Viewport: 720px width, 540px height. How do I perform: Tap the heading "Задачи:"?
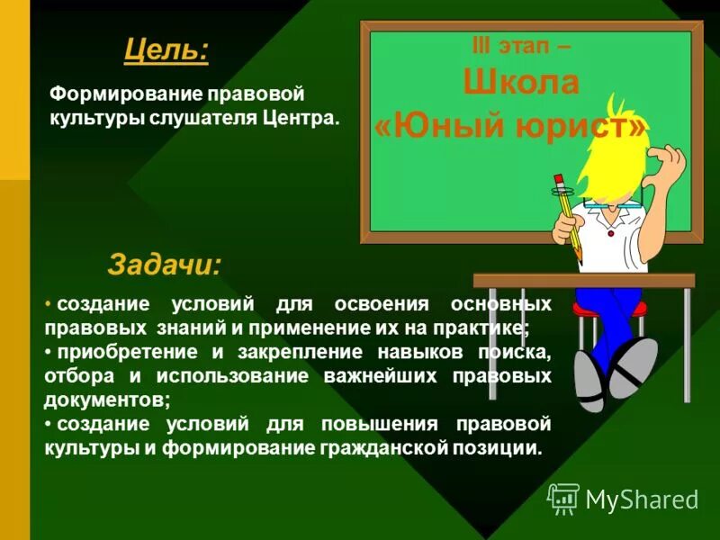tap(164, 265)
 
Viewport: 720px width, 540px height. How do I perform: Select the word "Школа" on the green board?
tap(521, 83)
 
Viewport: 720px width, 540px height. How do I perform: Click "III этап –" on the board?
tap(520, 45)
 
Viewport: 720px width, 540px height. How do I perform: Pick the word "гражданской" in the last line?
tap(379, 447)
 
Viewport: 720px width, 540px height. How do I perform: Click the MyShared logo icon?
tap(563, 498)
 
